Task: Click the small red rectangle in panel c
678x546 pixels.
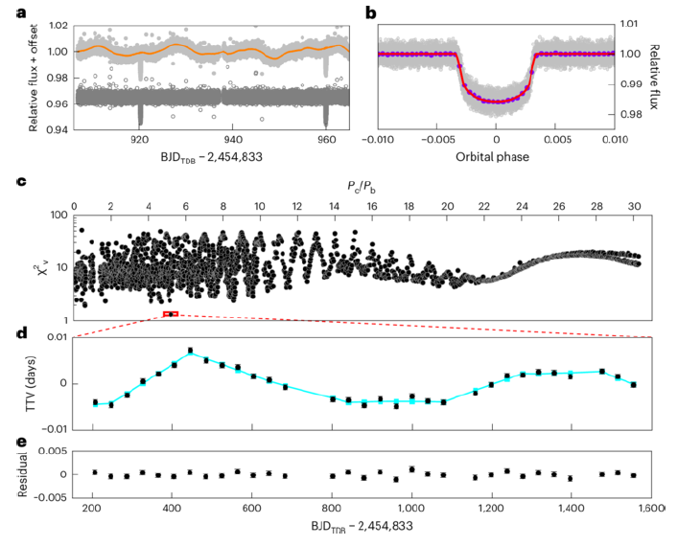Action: pyautogui.click(x=171, y=313)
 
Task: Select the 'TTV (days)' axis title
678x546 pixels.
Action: pyautogui.click(x=31, y=383)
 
